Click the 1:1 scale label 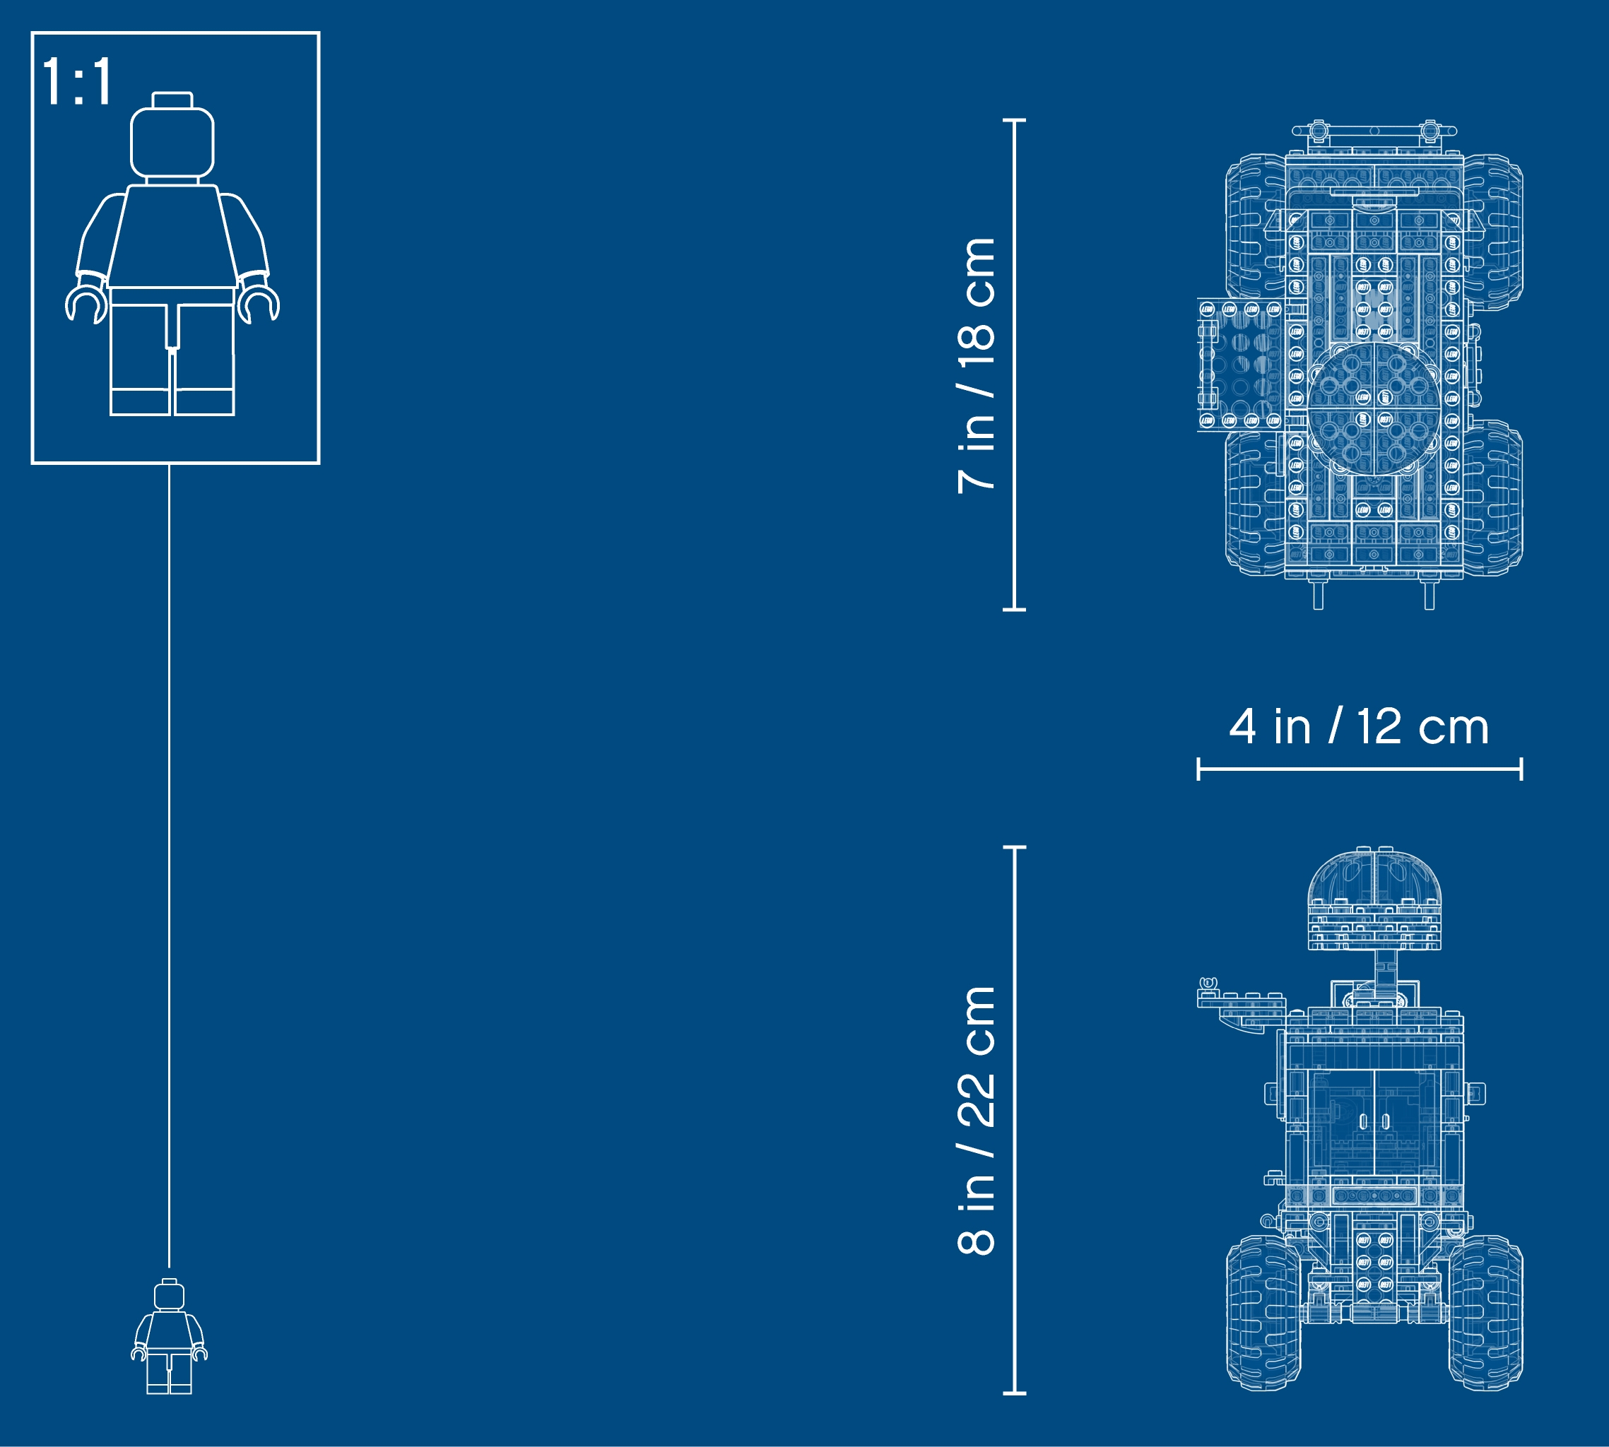tap(77, 81)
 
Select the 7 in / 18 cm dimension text tap(977, 366)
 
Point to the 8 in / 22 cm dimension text tap(977, 1121)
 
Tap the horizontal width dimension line tap(1360, 769)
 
